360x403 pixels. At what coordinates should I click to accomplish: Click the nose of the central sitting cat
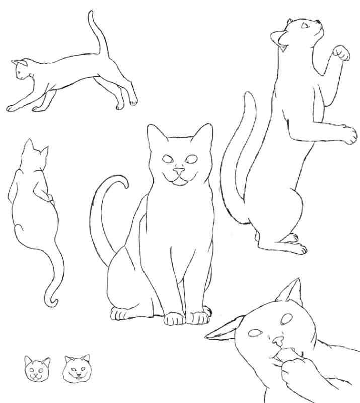click(x=178, y=172)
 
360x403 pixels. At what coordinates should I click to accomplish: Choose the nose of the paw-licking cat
click(x=277, y=343)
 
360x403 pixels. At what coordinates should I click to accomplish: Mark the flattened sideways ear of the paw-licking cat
click(x=224, y=332)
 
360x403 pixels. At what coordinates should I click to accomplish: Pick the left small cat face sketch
click(x=37, y=369)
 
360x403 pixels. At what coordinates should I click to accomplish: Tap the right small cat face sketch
click(x=77, y=368)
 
